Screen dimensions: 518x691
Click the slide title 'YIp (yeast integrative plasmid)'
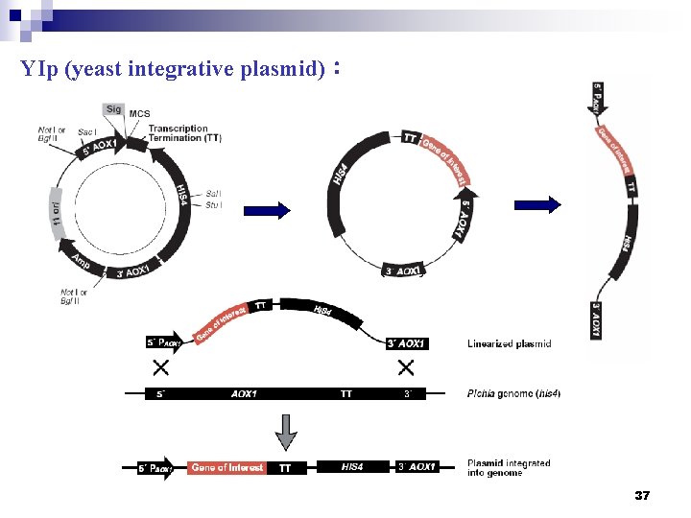pos(173,70)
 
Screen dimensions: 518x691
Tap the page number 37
pos(643,496)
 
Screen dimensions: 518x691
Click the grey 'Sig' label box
pos(113,109)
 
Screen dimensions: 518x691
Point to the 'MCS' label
pos(139,114)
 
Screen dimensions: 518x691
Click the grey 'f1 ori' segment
pos(57,210)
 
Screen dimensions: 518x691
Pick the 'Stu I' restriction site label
pos(213,204)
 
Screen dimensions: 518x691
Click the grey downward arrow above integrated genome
pos(286,432)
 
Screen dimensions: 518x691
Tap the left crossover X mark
pos(160,368)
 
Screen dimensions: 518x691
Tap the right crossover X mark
pos(405,368)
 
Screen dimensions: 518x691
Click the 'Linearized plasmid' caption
pos(509,343)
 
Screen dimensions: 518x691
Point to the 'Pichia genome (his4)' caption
pos(513,393)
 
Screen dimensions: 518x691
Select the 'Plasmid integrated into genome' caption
pos(509,468)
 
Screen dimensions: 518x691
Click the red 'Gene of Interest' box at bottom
pos(227,468)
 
